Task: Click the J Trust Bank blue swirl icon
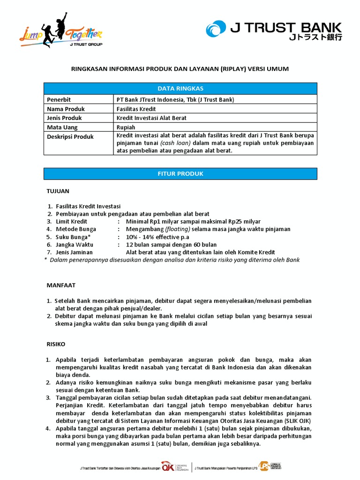click(x=217, y=30)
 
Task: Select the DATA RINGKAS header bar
click(x=180, y=89)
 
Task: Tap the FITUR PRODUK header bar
click(x=180, y=173)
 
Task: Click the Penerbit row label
click(x=59, y=100)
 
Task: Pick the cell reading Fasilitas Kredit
click(x=136, y=109)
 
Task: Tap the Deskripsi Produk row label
click(x=70, y=136)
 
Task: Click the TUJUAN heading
click(x=58, y=191)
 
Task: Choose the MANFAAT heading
click(x=61, y=285)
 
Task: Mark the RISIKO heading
click(x=56, y=344)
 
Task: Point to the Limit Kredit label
click(x=72, y=221)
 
